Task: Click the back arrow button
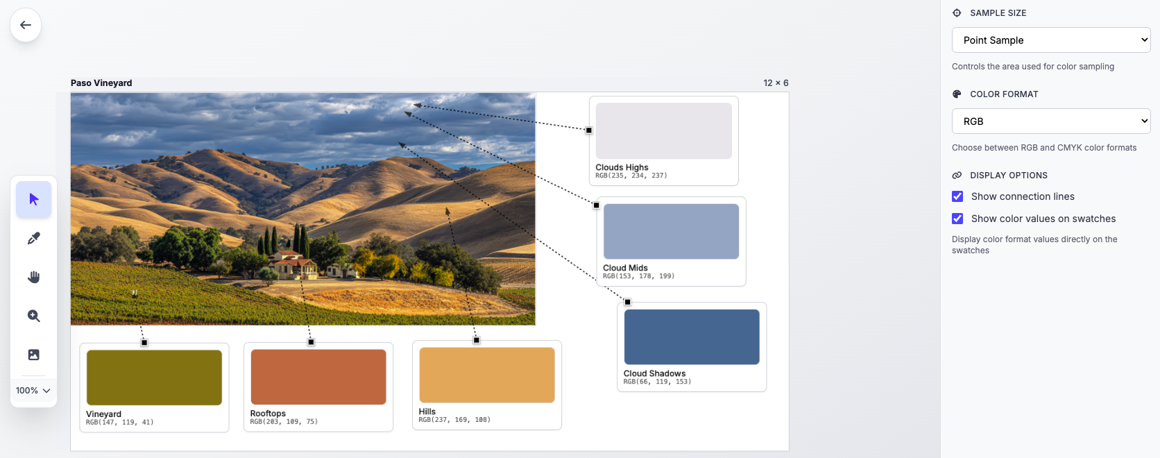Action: [26, 25]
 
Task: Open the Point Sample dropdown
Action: [1050, 40]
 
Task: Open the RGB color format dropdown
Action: [1050, 121]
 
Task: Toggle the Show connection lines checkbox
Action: [957, 196]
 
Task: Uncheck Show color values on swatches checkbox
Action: [957, 219]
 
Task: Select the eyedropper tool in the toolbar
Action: [33, 239]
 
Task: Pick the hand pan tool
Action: [33, 278]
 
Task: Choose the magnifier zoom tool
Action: [33, 316]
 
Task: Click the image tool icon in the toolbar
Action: [33, 355]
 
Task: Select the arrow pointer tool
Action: [33, 200]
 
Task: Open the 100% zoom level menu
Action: [33, 391]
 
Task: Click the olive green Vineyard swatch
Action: [154, 378]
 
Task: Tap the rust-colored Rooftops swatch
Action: [318, 377]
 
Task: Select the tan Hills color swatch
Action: [487, 375]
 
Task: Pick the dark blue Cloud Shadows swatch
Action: [692, 337]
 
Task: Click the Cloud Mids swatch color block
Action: [671, 232]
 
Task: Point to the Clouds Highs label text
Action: [622, 167]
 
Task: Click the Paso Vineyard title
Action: [101, 83]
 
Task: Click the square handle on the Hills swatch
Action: [477, 340]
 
